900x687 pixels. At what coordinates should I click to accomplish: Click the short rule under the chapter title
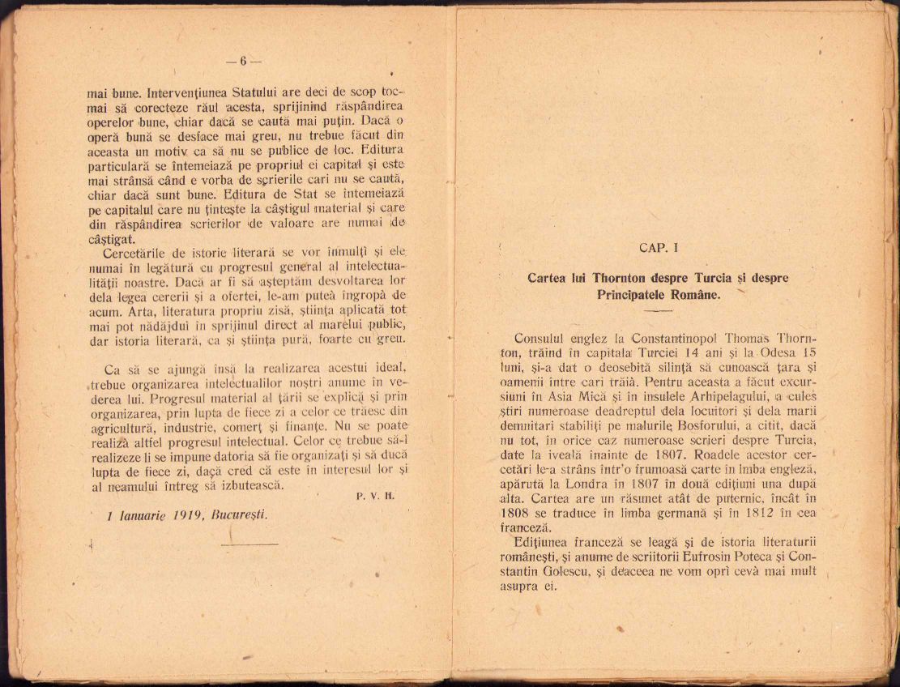[x=658, y=310]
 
